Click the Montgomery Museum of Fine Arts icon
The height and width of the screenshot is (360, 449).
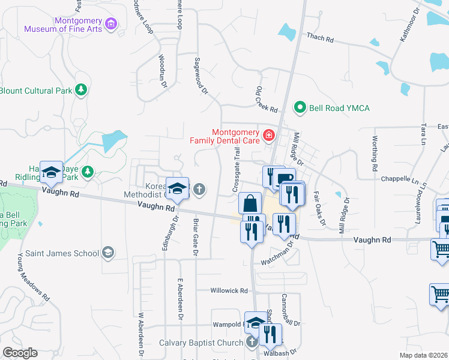click(x=110, y=24)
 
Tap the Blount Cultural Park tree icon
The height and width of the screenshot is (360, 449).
click(x=81, y=91)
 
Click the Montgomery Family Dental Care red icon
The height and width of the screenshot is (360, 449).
click(x=268, y=135)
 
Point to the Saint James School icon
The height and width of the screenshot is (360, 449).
click(x=108, y=253)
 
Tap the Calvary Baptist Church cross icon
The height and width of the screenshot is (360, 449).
click(x=252, y=343)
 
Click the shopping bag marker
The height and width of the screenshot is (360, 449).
click(x=250, y=203)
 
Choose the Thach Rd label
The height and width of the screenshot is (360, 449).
click(x=320, y=38)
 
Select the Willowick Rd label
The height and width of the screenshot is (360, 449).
click(x=229, y=290)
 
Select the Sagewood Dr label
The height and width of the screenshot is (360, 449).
click(x=200, y=76)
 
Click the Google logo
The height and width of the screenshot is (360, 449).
click(x=20, y=352)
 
